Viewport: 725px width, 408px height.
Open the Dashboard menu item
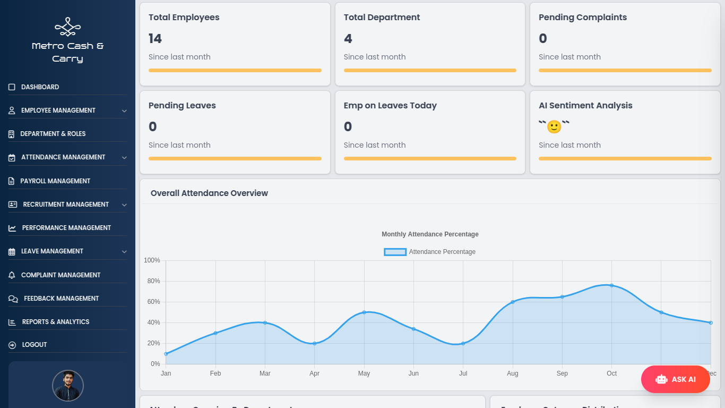[40, 87]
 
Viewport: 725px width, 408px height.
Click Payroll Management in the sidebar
[55, 181]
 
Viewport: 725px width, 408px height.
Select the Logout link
[34, 345]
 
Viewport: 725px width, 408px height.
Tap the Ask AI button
[675, 379]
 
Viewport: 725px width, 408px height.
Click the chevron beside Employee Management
[124, 111]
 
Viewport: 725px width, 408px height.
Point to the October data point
[611, 285]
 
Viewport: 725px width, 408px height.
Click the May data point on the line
[364, 312]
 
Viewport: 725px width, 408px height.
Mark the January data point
[166, 354]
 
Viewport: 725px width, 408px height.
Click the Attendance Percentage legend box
[395, 252]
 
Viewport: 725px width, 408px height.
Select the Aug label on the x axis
[512, 373]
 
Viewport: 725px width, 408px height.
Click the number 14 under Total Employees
[155, 39]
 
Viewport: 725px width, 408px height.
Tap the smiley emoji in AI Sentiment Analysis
[554, 127]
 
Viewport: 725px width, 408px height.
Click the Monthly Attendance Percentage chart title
[430, 234]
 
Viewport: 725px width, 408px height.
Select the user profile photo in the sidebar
[68, 386]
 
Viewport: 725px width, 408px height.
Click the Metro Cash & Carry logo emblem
[67, 27]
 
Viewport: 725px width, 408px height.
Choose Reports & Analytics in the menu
[55, 322]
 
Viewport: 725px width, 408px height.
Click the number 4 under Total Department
[348, 39]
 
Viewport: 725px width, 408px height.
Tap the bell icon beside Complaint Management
[12, 275]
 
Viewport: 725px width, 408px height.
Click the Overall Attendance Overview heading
[209, 193]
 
